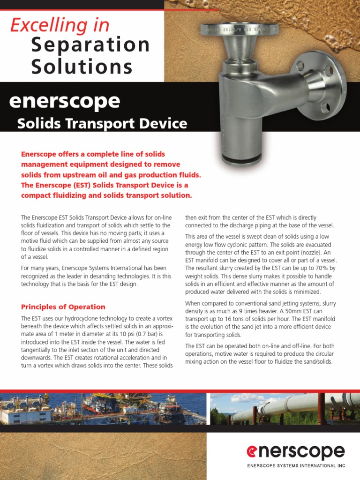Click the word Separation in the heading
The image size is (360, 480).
(x=90, y=45)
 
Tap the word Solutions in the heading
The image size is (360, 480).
(x=82, y=67)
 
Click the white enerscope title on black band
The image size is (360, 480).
(x=64, y=101)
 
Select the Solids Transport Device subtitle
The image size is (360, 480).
(x=102, y=124)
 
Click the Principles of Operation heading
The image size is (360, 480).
(x=63, y=307)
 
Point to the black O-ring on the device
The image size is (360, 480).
(x=241, y=161)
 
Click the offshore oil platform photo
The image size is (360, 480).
(x=103, y=409)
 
